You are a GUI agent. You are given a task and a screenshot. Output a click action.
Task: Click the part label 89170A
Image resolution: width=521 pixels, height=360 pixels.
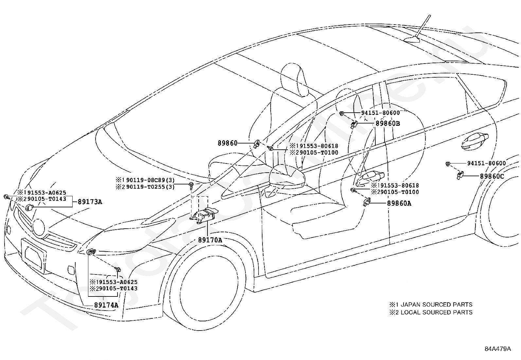point(210,240)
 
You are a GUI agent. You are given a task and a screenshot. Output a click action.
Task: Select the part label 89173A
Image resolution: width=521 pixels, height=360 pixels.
point(90,202)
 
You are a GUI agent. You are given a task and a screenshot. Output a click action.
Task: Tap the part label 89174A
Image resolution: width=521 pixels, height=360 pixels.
point(106,305)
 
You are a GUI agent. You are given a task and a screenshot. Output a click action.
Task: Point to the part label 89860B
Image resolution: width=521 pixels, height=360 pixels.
point(388,123)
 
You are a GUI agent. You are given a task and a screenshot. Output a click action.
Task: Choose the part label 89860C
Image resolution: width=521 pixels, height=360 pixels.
point(492,176)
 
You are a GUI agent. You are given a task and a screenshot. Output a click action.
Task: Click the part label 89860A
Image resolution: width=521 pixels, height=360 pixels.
point(399,203)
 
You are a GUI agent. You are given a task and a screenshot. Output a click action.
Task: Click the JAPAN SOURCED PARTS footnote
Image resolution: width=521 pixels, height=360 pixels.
point(431,305)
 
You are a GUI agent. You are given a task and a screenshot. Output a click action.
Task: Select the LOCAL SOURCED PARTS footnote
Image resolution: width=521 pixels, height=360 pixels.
point(431,312)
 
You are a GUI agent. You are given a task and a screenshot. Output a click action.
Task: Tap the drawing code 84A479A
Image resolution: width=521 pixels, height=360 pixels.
point(498,349)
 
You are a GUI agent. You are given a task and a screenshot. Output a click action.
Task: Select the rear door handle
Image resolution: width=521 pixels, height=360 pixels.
point(475,141)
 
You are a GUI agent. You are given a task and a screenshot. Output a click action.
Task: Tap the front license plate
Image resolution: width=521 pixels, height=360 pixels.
point(34,256)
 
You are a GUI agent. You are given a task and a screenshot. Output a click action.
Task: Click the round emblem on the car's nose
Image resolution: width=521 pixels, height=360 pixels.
point(39,227)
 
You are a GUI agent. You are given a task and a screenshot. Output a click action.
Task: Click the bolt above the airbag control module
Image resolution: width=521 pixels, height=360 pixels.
point(191,185)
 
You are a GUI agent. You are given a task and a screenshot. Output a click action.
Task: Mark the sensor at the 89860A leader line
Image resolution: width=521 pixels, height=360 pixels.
point(367,202)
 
